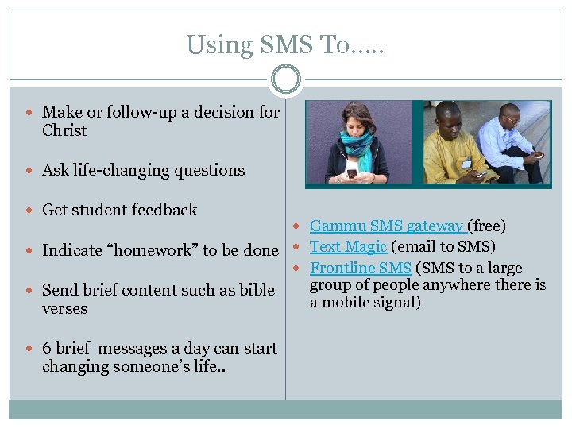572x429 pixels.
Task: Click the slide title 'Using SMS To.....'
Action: (285, 45)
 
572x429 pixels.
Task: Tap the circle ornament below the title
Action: (286, 80)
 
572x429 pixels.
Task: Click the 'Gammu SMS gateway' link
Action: (387, 227)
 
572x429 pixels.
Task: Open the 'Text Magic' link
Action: (348, 246)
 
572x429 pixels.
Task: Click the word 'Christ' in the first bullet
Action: (64, 131)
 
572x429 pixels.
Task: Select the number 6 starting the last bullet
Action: (47, 349)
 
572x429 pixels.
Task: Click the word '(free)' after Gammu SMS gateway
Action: (488, 227)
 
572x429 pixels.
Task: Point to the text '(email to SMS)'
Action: (443, 246)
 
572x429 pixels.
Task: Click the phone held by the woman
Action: (351, 172)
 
